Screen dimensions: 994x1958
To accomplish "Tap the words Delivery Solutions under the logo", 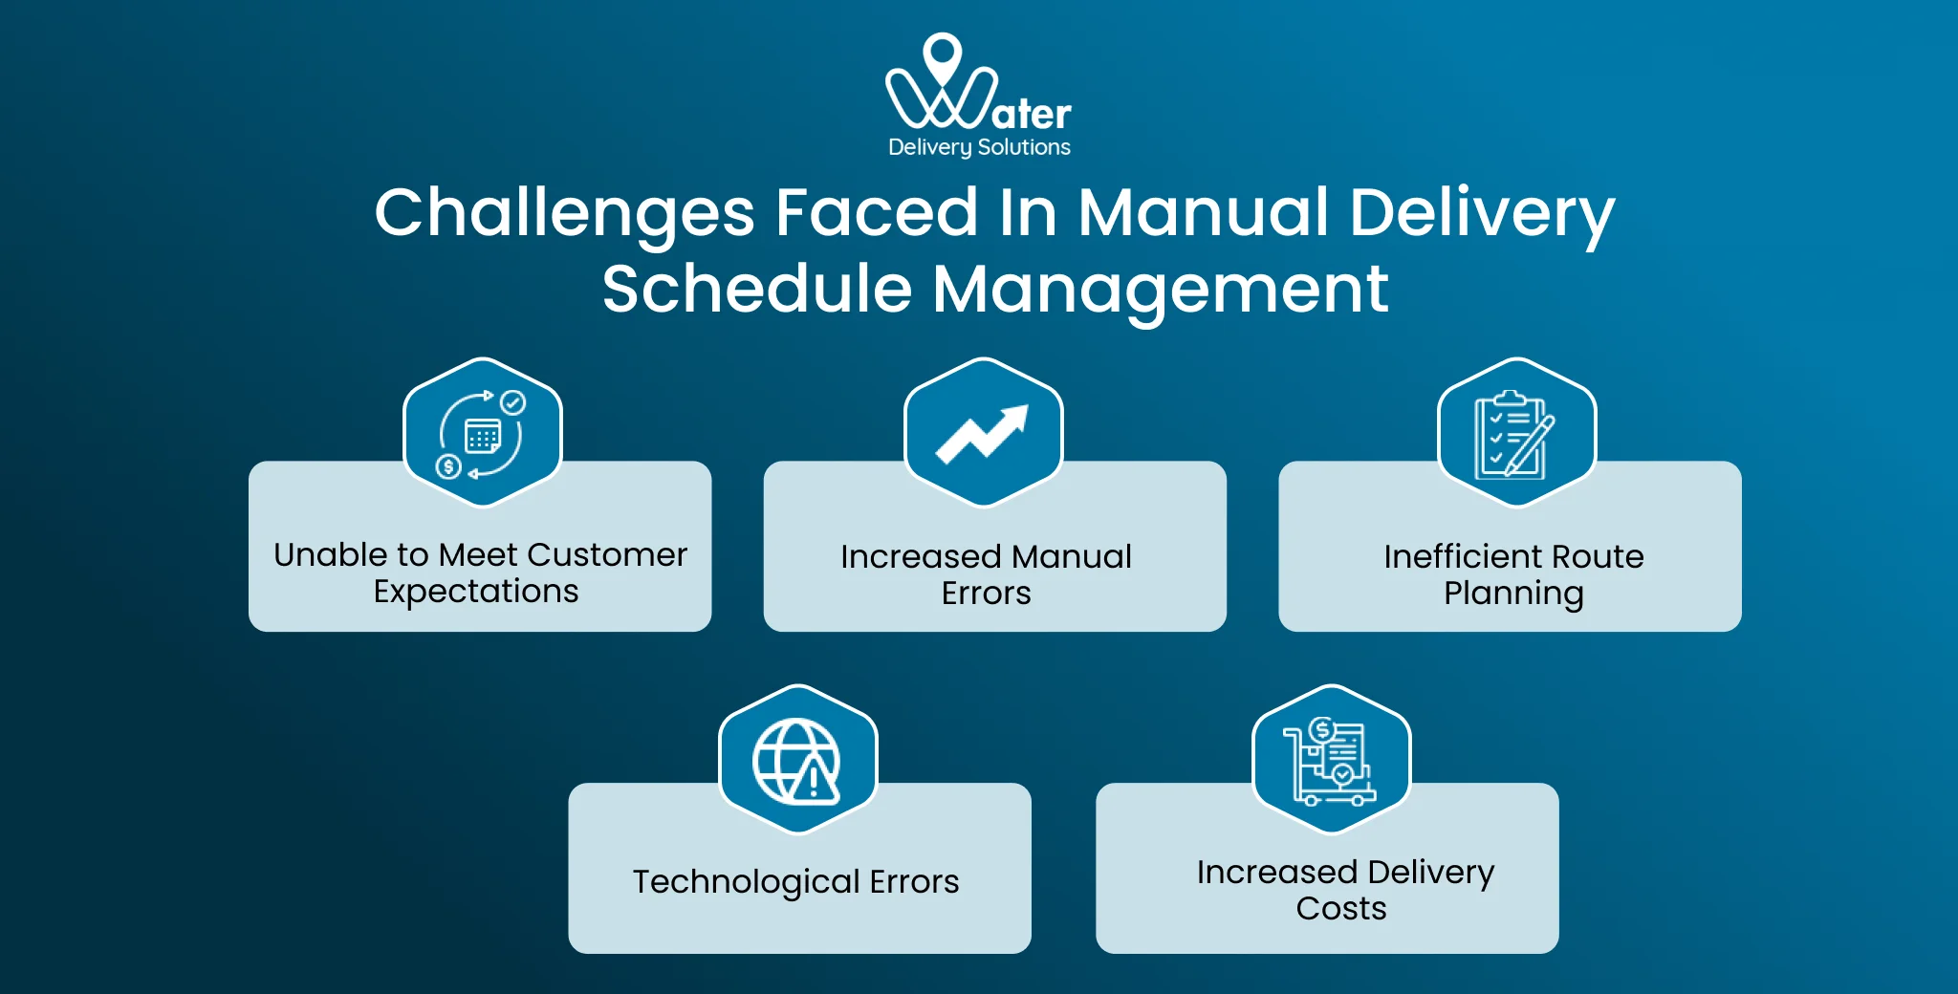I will pos(979,147).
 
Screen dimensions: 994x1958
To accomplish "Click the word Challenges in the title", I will pos(564,213).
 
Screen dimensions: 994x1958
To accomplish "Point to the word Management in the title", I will pos(1160,290).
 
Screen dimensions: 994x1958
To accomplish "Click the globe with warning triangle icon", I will pos(797,761).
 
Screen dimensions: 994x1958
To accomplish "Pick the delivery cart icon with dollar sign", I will pos(1331,761).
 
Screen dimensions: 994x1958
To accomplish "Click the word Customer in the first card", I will pos(606,554).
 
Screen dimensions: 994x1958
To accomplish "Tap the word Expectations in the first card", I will pos(476,592).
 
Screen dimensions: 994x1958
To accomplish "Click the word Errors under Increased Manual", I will pos(986,594).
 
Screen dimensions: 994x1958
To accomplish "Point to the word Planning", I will pos(1513,594).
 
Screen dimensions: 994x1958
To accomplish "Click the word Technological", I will pos(746,881).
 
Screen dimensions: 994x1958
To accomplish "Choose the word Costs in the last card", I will pos(1340,908).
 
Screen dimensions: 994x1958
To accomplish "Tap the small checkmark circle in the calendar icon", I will pos(513,402).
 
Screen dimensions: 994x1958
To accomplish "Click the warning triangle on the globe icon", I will pos(815,782).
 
